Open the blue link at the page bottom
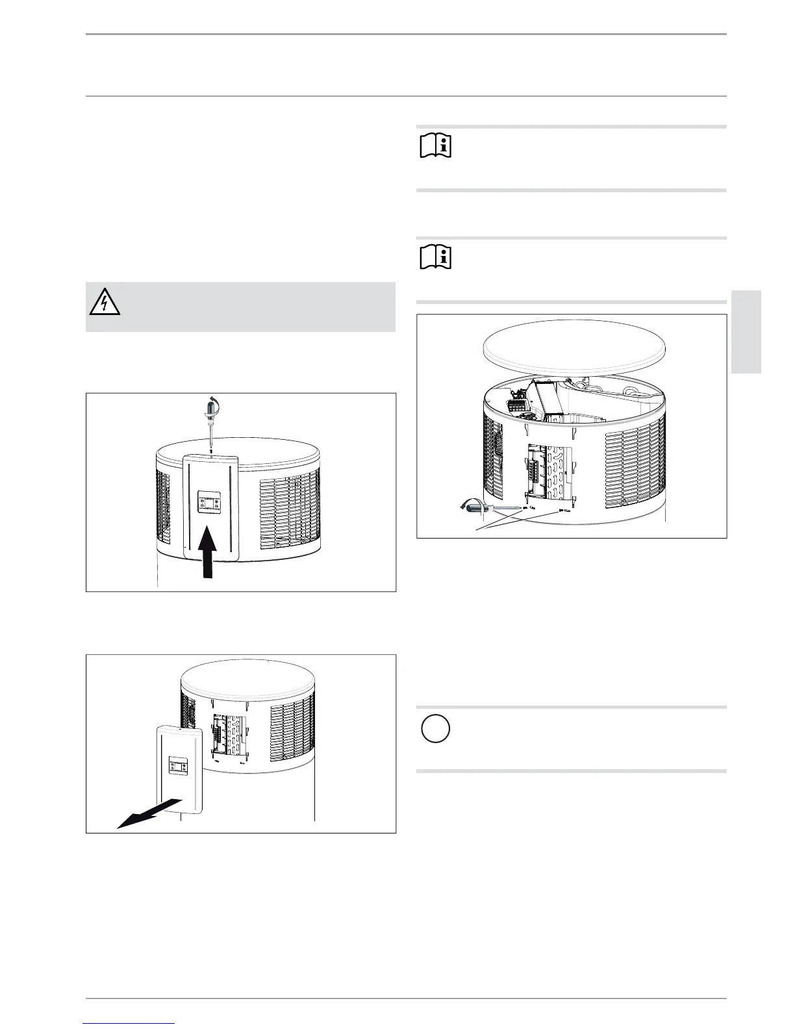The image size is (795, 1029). (129, 1024)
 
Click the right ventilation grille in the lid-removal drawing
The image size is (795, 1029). (633, 468)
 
